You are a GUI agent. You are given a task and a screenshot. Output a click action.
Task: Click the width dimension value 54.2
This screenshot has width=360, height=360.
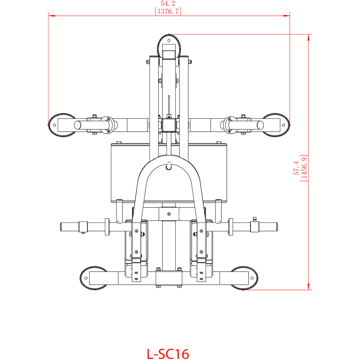(x=168, y=3)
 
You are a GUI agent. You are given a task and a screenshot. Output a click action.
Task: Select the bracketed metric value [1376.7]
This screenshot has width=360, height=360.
(x=168, y=11)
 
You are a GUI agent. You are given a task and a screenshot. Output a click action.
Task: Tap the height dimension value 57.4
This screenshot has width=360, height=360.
(x=296, y=168)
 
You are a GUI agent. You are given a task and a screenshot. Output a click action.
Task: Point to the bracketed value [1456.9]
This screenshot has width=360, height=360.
(x=304, y=168)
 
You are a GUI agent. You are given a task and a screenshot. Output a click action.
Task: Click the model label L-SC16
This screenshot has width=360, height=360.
(x=168, y=354)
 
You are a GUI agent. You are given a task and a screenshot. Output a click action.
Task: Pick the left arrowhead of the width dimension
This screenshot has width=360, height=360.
(x=51, y=16)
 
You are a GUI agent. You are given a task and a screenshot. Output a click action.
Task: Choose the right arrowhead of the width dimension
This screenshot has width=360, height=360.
(x=286, y=16)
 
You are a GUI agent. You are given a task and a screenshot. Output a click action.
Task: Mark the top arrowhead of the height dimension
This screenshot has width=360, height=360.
(x=309, y=38)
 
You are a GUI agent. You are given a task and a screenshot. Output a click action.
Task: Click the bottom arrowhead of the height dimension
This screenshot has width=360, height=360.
(x=309, y=286)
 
